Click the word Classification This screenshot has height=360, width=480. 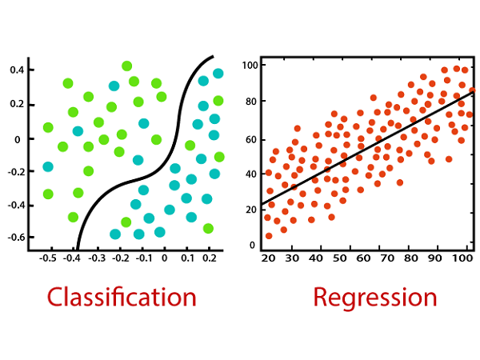tap(122, 298)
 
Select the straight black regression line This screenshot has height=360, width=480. tap(367, 148)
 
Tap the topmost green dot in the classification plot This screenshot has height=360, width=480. tap(126, 66)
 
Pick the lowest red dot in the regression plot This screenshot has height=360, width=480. tap(269, 236)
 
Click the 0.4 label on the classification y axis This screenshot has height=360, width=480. tap(17, 70)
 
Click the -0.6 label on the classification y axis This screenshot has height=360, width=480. tap(17, 238)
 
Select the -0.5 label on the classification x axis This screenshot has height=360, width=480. tap(48, 258)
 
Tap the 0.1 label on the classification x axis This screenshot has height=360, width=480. tap(187, 258)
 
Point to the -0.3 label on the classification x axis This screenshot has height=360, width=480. tap(97, 258)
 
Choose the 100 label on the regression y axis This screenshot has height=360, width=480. tap(250, 66)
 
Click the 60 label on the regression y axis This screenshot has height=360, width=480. tap(251, 139)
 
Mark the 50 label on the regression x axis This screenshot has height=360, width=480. tap(339, 258)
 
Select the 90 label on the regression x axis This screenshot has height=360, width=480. tap(434, 258)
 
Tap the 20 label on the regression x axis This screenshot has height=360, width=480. tap(268, 258)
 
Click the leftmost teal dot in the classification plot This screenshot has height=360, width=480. tap(48, 167)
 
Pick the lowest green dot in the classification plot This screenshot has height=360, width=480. tap(208, 228)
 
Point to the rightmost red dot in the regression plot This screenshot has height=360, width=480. tap(472, 90)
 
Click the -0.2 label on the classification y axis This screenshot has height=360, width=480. tap(17, 171)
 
